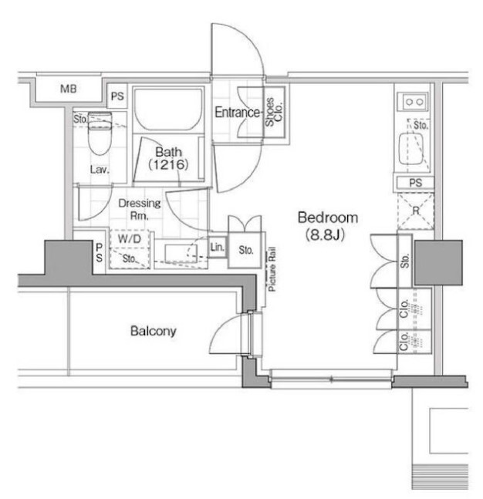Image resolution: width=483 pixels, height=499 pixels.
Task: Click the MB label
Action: pyautogui.click(x=69, y=89)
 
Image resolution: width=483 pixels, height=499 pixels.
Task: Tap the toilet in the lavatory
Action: pyautogui.click(x=100, y=134)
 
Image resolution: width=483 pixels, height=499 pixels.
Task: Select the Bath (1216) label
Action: pyautogui.click(x=167, y=158)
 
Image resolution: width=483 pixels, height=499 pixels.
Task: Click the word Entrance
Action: pyautogui.click(x=237, y=113)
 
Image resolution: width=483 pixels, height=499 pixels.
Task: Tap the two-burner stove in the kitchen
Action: pyautogui.click(x=414, y=101)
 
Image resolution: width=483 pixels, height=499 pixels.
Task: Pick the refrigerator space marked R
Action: pyautogui.click(x=415, y=210)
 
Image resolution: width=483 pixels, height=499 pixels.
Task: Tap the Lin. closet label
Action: pyautogui.click(x=217, y=248)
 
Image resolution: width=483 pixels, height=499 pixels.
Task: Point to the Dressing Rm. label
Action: pyautogui.click(x=140, y=209)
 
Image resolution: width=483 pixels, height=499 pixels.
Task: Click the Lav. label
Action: pyautogui.click(x=99, y=170)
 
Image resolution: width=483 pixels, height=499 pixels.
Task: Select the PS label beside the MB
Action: pyautogui.click(x=117, y=96)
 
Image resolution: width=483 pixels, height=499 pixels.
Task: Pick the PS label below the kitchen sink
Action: pyautogui.click(x=415, y=183)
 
